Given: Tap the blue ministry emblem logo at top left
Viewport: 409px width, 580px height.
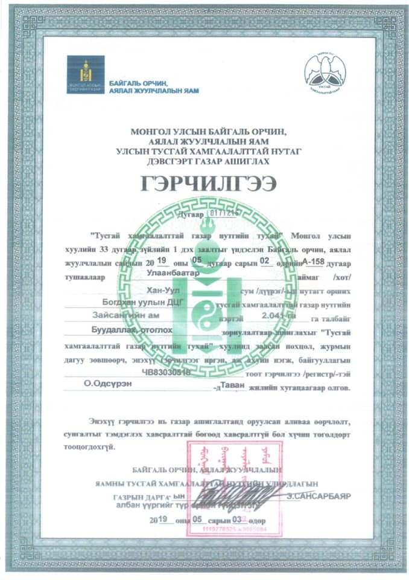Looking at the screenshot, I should tap(85, 75).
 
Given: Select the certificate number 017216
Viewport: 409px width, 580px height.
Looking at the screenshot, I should tap(224, 213).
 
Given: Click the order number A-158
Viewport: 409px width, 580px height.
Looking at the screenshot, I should tap(313, 261).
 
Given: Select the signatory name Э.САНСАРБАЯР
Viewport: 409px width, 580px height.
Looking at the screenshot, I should tap(319, 495).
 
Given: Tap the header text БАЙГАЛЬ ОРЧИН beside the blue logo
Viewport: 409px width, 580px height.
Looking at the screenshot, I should tap(138, 82).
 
